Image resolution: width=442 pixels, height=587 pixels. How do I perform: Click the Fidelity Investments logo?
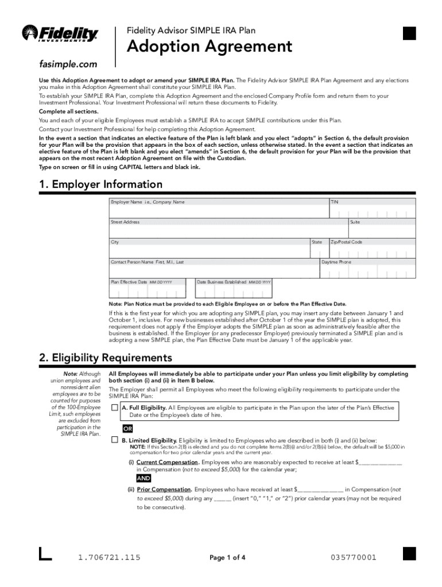(x=60, y=34)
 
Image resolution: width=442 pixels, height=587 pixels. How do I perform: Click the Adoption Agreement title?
(x=209, y=46)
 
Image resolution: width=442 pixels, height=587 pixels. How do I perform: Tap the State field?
(x=317, y=252)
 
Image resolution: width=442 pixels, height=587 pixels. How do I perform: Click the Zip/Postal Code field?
(x=371, y=252)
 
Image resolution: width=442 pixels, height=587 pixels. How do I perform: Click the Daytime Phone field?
(x=367, y=271)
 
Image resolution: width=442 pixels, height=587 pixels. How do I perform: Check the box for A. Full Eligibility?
(x=115, y=408)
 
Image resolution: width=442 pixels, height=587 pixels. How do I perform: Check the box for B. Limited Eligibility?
(x=115, y=440)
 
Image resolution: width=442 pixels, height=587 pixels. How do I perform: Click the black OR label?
(x=129, y=429)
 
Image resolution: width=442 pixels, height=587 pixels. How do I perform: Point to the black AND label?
(x=144, y=478)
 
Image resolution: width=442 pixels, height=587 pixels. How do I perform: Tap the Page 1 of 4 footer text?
(x=227, y=558)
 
